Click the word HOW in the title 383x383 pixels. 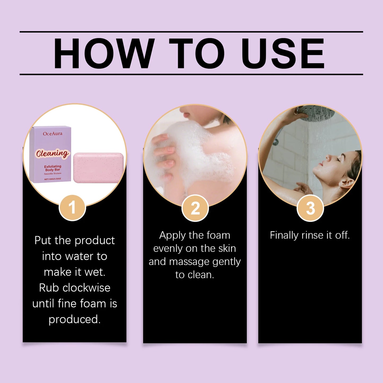point(104,53)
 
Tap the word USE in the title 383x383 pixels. point(283,53)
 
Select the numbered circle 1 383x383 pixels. point(72,208)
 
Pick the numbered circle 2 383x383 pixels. point(195,208)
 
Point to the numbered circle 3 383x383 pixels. point(310,208)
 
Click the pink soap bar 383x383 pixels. point(99,167)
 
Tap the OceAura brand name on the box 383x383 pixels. point(53,134)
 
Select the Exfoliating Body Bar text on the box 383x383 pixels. point(53,168)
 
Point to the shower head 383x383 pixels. point(316,113)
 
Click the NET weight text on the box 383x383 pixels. point(53,179)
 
